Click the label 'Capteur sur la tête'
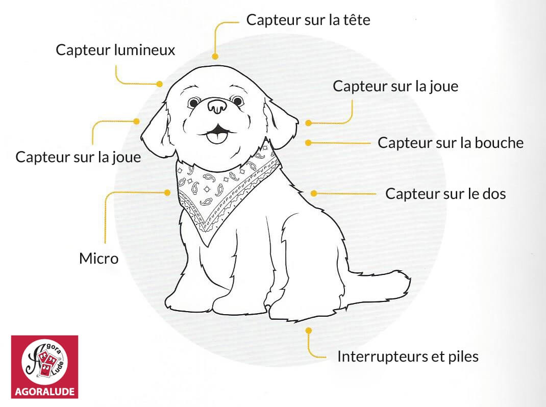[308, 20]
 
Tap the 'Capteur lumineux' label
[115, 50]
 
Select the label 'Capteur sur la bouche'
[451, 143]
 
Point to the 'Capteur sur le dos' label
[445, 194]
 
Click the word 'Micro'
[99, 259]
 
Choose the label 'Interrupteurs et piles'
[408, 357]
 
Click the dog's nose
[217, 106]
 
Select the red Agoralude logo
[44, 367]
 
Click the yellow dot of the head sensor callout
[215, 56]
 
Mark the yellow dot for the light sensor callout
[160, 84]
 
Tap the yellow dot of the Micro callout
[167, 192]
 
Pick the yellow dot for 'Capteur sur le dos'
[314, 193]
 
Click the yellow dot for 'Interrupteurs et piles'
[309, 330]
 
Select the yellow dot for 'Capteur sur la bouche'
[308, 143]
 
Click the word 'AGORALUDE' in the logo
[44, 392]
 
